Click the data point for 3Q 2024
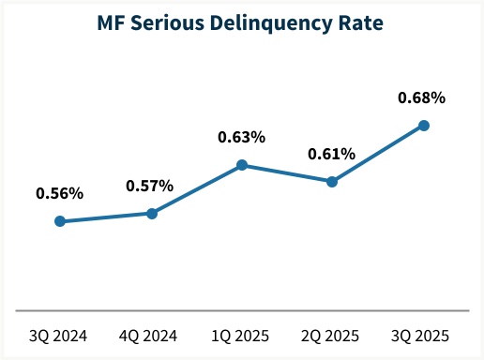click(x=60, y=221)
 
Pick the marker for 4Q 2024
click(x=151, y=213)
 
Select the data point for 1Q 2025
click(x=242, y=165)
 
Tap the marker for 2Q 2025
click(x=332, y=182)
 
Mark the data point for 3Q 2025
click(x=424, y=125)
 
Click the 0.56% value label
click(x=60, y=194)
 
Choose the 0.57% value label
click(x=150, y=186)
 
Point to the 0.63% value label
click(x=242, y=137)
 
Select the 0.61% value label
click(x=332, y=154)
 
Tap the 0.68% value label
click(x=422, y=97)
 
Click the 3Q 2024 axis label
click(x=60, y=335)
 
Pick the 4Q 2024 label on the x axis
click(x=150, y=335)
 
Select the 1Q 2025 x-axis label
click(x=242, y=335)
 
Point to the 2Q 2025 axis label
click(x=332, y=335)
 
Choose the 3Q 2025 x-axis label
click(x=422, y=335)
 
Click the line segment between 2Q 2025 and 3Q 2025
click(x=378, y=154)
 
